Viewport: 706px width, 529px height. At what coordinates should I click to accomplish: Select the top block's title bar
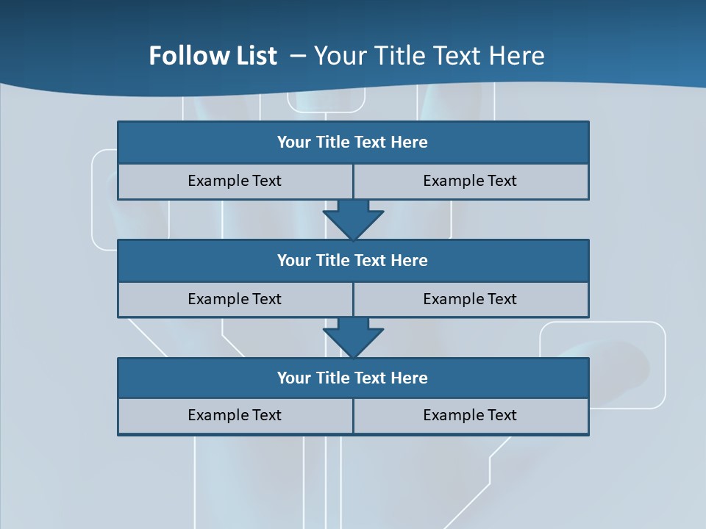point(353,143)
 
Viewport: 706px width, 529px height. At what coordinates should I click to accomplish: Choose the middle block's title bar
point(353,260)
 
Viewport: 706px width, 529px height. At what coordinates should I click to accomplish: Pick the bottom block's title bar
point(353,378)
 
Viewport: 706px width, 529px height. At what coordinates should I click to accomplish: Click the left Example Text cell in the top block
point(235,181)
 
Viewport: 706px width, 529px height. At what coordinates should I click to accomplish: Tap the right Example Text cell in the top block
point(470,181)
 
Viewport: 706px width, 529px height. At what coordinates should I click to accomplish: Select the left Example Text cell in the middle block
point(235,299)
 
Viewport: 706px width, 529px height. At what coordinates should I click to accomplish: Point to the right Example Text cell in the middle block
point(470,299)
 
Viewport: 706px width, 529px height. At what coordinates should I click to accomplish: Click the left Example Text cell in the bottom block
point(235,415)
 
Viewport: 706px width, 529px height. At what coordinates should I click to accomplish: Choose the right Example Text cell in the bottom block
point(470,415)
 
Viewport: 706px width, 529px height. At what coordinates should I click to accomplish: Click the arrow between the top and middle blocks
point(353,218)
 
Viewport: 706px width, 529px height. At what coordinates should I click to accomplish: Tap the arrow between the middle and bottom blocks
point(353,337)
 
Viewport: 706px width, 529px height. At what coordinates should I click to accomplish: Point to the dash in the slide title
point(298,56)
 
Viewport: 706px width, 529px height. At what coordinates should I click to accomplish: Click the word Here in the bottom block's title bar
point(410,378)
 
